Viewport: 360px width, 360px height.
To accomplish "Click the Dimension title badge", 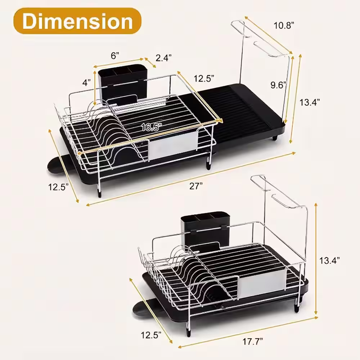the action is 77,21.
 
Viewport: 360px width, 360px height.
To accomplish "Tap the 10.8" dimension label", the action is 284,25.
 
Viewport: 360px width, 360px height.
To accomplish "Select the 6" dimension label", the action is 115,55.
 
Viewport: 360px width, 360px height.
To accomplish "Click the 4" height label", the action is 86,82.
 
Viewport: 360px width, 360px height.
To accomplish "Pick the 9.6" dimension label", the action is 279,85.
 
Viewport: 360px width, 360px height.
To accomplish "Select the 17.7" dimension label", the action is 253,342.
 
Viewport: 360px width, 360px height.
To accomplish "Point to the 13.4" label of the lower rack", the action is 329,260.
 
